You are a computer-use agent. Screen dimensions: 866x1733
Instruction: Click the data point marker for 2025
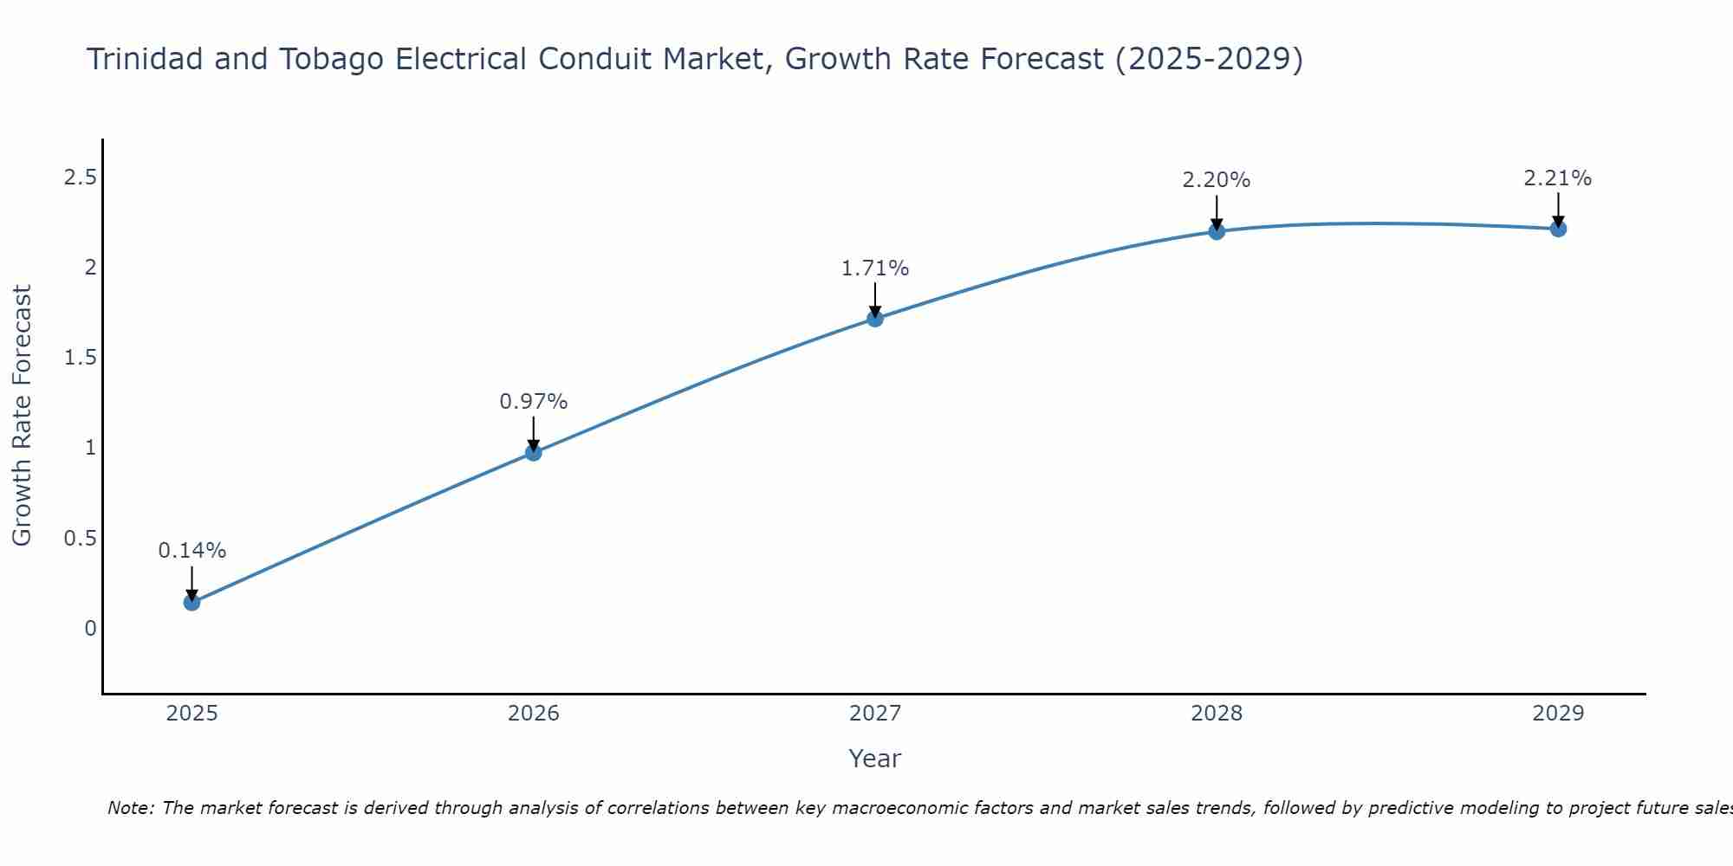pos(191,603)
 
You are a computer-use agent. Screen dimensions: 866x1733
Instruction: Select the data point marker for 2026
pos(533,452)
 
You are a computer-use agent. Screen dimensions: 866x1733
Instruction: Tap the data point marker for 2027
pos(875,319)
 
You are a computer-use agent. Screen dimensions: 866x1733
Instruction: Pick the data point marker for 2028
pos(1217,231)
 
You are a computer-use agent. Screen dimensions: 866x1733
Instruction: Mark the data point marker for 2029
pos(1558,229)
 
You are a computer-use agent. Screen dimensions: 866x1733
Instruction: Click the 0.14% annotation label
pos(191,551)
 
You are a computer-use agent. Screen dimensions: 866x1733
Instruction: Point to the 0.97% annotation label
pos(533,402)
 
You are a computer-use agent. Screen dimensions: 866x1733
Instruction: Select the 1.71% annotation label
pos(875,268)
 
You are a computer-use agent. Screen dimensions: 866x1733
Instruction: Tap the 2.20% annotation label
pos(1217,180)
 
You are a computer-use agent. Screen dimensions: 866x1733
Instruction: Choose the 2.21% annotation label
pos(1558,178)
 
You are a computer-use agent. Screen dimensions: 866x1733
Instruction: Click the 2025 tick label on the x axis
pos(191,714)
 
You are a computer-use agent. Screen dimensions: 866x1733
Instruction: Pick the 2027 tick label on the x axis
pos(875,714)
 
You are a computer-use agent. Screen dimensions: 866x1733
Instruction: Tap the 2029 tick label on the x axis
pos(1558,714)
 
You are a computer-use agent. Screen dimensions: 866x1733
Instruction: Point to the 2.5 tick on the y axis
pos(80,178)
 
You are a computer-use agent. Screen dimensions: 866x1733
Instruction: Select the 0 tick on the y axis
pos(90,628)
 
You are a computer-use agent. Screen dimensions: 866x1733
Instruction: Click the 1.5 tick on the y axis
pos(80,358)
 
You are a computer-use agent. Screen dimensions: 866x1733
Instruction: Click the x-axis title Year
pos(875,759)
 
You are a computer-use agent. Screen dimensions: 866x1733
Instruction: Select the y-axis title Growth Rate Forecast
pos(22,416)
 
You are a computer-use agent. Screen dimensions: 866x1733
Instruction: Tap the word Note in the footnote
pos(130,808)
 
